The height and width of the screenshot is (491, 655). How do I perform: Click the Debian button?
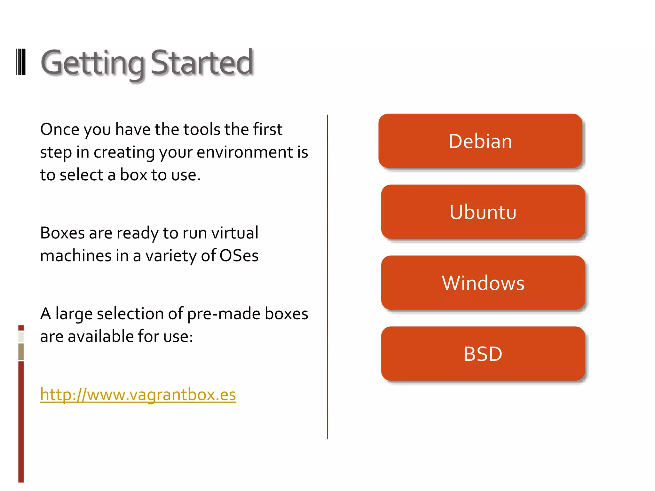pyautogui.click(x=480, y=141)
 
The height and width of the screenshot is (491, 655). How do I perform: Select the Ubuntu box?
pyautogui.click(x=483, y=212)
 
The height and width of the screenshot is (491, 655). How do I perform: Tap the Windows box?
pyautogui.click(x=483, y=283)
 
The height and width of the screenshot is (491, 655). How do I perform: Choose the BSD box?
pyautogui.click(x=483, y=354)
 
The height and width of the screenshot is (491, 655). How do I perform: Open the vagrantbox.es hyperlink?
pyautogui.click(x=138, y=394)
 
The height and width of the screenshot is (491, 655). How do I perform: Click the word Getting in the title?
pyautogui.click(x=93, y=63)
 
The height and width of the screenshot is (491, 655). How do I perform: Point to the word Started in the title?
pyautogui.click(x=202, y=63)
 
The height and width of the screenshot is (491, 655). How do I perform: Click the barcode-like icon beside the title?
pyautogui.click(x=20, y=62)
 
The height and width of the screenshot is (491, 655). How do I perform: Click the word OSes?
pyautogui.click(x=239, y=256)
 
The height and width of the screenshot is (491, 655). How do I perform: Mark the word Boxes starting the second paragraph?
pyautogui.click(x=62, y=233)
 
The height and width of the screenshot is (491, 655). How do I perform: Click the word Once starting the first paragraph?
pyautogui.click(x=60, y=129)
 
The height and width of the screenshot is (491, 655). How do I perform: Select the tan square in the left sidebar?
pyautogui.click(x=21, y=351)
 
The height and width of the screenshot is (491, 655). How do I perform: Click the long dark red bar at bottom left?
pyautogui.click(x=21, y=422)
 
